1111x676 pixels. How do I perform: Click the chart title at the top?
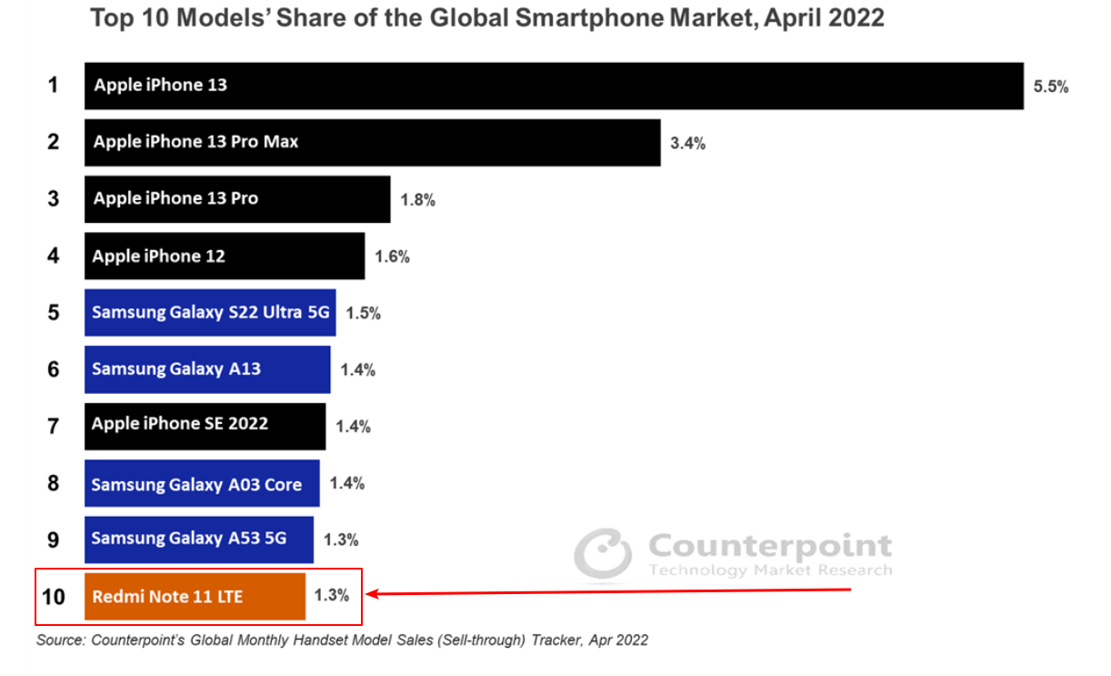(x=487, y=18)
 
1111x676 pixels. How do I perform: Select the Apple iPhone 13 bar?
(x=554, y=86)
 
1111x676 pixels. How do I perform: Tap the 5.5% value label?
(x=1050, y=86)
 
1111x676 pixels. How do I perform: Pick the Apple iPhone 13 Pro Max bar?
(x=372, y=142)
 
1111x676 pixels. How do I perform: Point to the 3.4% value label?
(x=687, y=143)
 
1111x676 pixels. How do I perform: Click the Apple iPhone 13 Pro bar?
(x=237, y=199)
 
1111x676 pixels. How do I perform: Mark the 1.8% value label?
(x=417, y=200)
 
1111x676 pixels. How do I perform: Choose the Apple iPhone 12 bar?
(x=225, y=257)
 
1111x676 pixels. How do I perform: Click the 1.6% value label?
(x=392, y=257)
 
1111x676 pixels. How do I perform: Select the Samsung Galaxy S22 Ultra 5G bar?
(x=210, y=313)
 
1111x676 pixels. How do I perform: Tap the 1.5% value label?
(x=363, y=313)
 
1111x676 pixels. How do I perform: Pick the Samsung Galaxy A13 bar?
(x=207, y=369)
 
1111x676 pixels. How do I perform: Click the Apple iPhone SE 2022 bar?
(x=205, y=426)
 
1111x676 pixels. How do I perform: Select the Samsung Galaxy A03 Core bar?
(x=202, y=483)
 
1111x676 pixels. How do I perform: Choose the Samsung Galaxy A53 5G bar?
(x=199, y=540)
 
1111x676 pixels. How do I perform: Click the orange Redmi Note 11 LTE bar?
(x=195, y=596)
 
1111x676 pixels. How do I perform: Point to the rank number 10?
(x=54, y=597)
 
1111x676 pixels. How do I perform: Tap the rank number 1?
(x=54, y=86)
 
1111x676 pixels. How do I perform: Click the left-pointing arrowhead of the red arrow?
(x=371, y=595)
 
